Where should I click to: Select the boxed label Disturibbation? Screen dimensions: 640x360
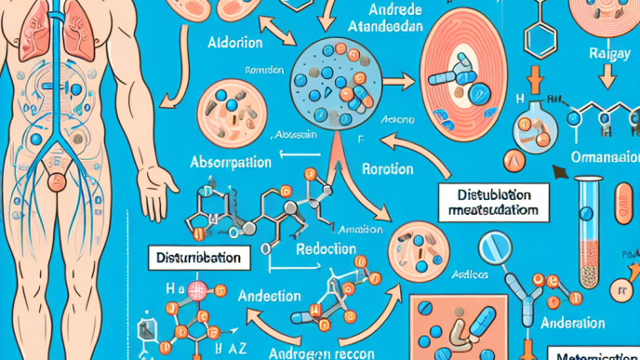point(201,257)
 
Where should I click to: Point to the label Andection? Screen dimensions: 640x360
point(269,296)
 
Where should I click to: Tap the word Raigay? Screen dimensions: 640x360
point(610,54)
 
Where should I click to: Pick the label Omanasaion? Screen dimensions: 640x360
point(604,155)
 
